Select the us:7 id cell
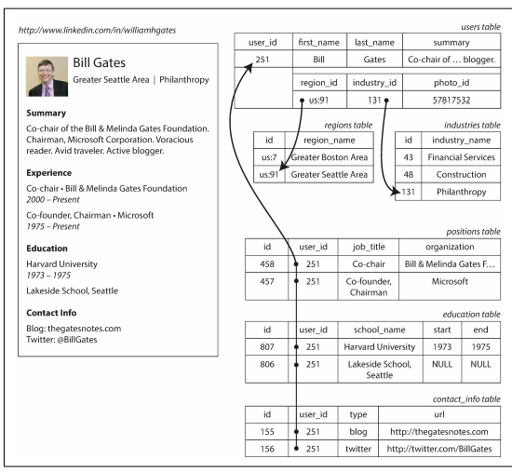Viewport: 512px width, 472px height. tap(269, 155)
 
